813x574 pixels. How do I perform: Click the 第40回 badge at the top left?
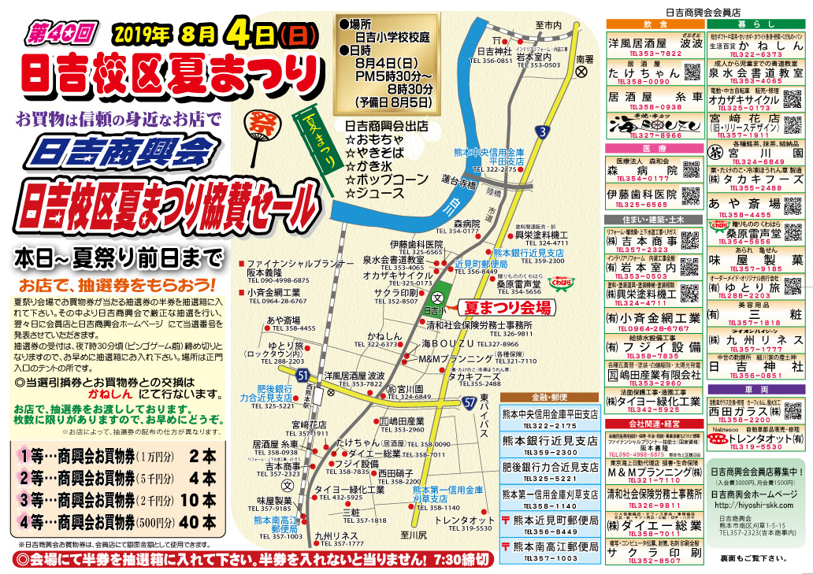coord(61,32)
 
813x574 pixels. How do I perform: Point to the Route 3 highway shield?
coord(543,133)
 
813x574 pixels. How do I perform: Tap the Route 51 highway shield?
coord(303,377)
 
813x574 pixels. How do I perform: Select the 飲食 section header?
coord(653,25)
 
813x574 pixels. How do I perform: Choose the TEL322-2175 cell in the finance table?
coord(549,426)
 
